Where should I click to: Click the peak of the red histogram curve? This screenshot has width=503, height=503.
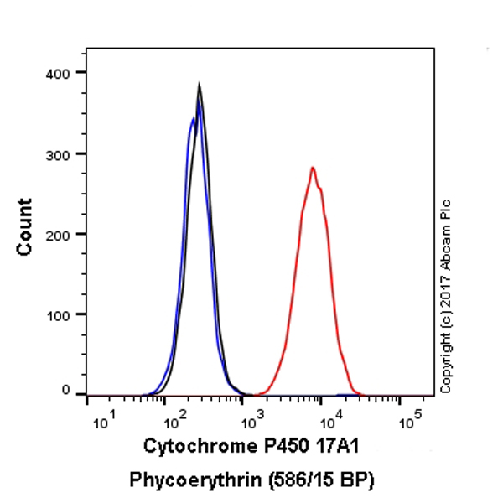pos(313,169)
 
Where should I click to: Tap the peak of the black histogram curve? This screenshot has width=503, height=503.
pos(199,85)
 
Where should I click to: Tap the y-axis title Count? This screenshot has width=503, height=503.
pos(25,226)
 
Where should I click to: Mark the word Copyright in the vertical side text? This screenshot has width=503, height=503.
pos(445,358)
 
